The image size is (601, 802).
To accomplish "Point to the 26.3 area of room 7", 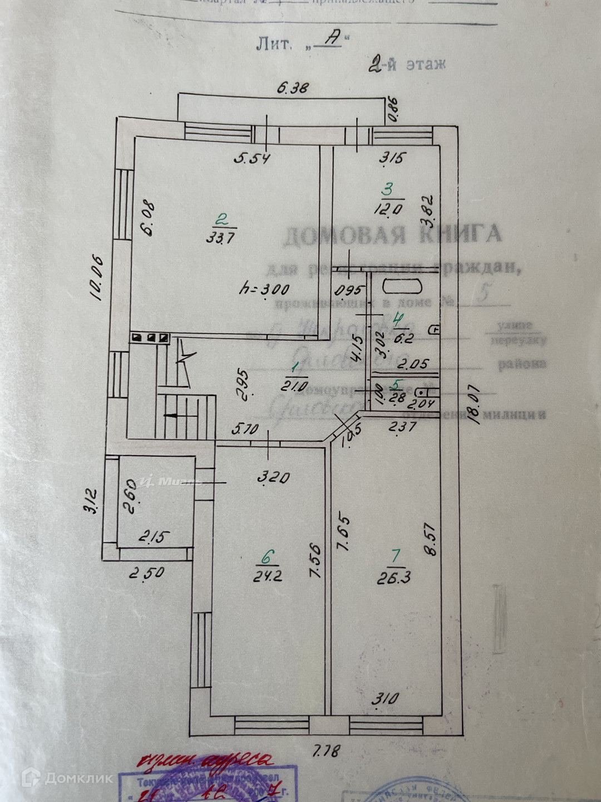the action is pos(394,578).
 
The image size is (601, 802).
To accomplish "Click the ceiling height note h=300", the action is pos(263,289).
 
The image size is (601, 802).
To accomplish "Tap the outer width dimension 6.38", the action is pos(292,87).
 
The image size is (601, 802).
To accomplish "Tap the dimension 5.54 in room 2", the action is pos(252,159).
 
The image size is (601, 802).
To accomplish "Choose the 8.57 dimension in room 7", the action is pos(432,538).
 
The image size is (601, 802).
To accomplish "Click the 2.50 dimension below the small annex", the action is pos(146,573).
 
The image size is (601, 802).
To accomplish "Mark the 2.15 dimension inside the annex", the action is pos(155,537).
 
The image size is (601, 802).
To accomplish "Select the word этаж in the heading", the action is pos(426,64).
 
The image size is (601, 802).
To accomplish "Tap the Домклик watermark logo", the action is pos(66,777).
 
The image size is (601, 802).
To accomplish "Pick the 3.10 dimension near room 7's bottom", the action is pos(385,697).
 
